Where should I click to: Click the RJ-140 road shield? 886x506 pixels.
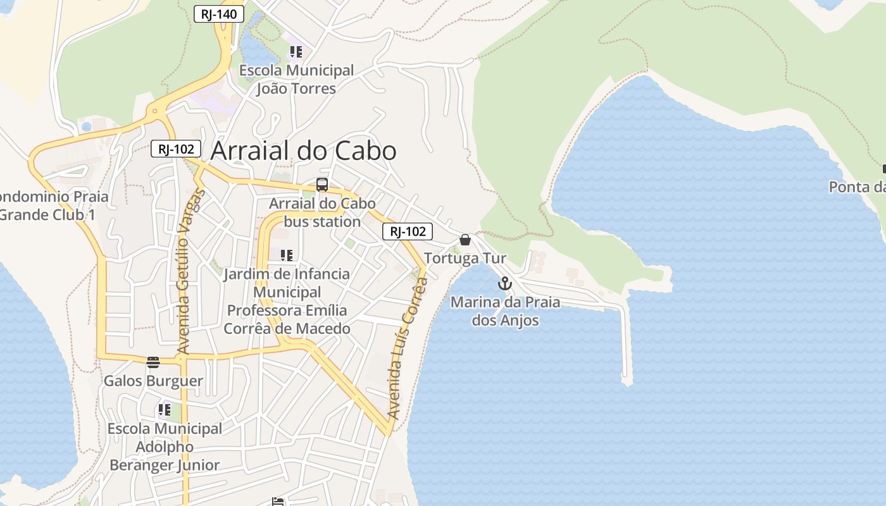click(x=218, y=14)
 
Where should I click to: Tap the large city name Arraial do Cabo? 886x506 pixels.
click(x=303, y=151)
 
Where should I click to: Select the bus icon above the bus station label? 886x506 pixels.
click(x=322, y=185)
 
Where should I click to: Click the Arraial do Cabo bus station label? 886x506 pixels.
click(x=322, y=213)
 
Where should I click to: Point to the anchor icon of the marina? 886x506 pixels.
click(x=504, y=283)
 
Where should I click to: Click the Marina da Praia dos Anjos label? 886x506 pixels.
click(x=505, y=311)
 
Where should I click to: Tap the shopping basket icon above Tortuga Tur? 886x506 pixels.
click(x=465, y=240)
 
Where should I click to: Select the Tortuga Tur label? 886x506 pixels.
click(x=465, y=258)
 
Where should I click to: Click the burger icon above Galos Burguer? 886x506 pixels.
click(x=153, y=362)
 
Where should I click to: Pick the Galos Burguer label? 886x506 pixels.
click(x=153, y=381)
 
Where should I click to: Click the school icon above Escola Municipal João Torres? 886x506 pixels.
click(x=296, y=52)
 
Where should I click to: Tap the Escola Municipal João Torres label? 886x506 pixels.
click(x=296, y=79)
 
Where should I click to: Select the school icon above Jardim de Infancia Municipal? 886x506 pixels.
click(x=287, y=256)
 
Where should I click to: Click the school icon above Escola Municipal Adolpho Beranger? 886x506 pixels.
click(x=165, y=410)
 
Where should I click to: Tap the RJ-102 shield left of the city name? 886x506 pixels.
click(x=176, y=149)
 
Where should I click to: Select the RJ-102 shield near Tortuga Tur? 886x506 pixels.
click(x=408, y=231)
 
